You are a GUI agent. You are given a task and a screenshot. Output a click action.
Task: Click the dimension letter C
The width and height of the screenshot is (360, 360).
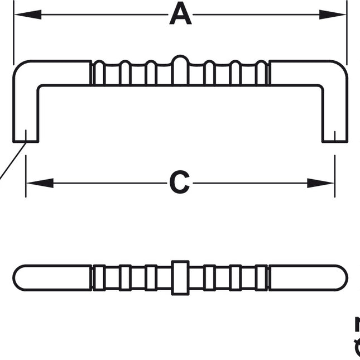(x=180, y=182)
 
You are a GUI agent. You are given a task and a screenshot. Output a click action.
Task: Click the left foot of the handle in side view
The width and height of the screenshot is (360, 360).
(x=26, y=134)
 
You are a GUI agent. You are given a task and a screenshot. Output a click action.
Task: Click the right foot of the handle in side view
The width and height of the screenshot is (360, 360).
(x=334, y=134)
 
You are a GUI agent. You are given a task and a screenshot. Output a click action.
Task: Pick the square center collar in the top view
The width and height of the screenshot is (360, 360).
(x=180, y=277)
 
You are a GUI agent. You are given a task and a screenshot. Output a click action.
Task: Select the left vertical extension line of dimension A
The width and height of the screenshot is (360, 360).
(x=13, y=33)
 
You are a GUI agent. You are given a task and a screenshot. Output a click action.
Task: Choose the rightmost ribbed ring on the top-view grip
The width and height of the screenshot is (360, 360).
(x=262, y=277)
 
